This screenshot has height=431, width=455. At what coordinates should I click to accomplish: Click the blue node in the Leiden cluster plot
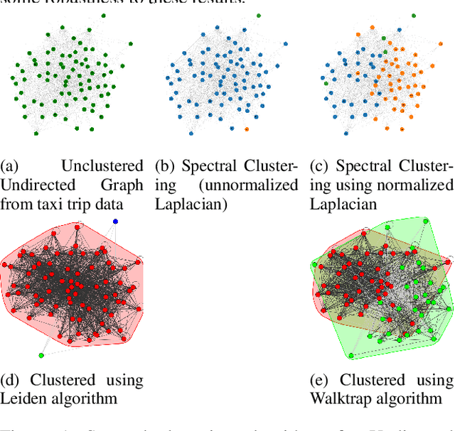pyautogui.click(x=116, y=222)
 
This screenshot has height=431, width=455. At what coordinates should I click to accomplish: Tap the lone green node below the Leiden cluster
pyautogui.click(x=41, y=355)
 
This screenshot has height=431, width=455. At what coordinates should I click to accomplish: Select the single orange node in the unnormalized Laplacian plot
pyautogui.click(x=246, y=129)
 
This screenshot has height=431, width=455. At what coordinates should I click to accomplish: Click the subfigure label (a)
pyautogui.click(x=9, y=166)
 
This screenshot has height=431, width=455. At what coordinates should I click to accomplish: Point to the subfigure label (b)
pyautogui.click(x=165, y=166)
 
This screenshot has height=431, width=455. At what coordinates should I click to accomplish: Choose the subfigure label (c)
pyautogui.click(x=320, y=166)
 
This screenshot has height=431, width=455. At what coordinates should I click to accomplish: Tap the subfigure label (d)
pyautogui.click(x=10, y=380)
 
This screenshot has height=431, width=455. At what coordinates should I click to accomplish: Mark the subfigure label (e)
pyautogui.click(x=321, y=380)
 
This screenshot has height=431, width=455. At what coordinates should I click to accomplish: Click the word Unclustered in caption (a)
pyautogui.click(x=102, y=166)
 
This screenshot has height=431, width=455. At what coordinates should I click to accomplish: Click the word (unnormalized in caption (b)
pyautogui.click(x=248, y=185)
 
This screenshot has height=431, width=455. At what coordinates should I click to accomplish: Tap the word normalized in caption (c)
pyautogui.click(x=419, y=185)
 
